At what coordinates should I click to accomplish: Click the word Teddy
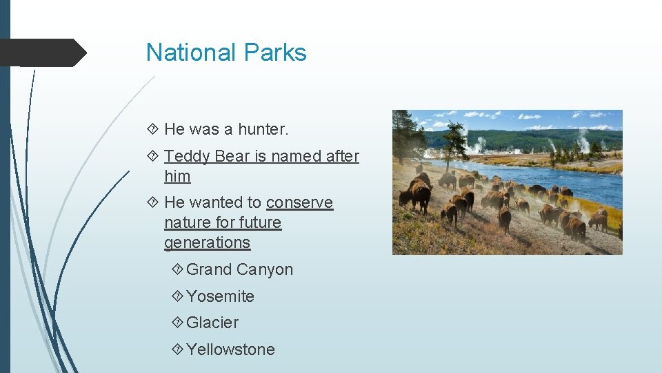pyautogui.click(x=187, y=156)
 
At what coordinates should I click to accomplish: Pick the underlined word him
pyautogui.click(x=177, y=176)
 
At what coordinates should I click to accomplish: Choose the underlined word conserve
pyautogui.click(x=299, y=202)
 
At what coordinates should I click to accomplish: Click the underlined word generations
pyautogui.click(x=207, y=242)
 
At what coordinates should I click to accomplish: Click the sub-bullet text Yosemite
pyautogui.click(x=220, y=296)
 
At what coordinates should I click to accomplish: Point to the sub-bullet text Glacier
pyautogui.click(x=212, y=323)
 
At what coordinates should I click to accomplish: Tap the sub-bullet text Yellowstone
pyautogui.click(x=230, y=350)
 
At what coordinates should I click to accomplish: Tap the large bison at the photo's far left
pyautogui.click(x=419, y=195)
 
